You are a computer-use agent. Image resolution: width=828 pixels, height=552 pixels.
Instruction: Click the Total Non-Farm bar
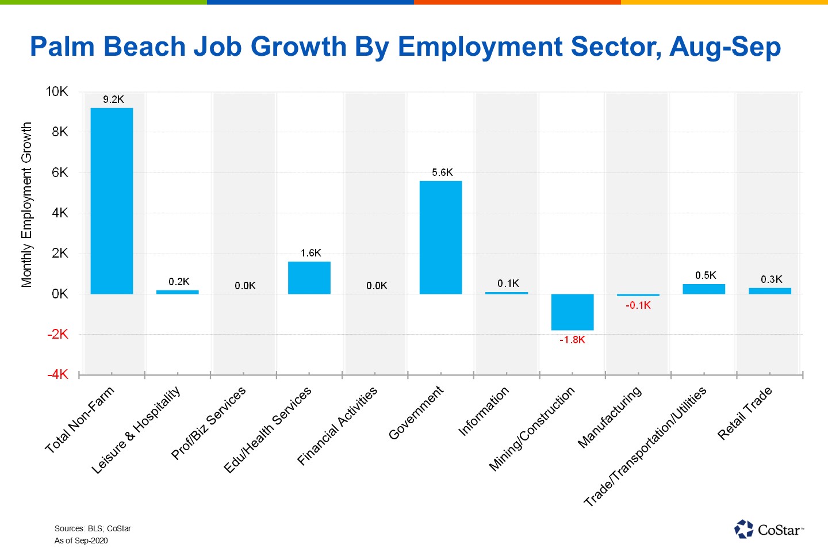click(112, 201)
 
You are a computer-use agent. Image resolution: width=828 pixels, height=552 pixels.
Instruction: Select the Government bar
click(440, 237)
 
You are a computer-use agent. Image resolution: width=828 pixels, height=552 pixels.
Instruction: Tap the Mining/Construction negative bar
click(572, 312)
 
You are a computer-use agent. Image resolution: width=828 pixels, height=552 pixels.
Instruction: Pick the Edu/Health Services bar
click(309, 278)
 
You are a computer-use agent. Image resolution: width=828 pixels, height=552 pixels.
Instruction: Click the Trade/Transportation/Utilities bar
click(704, 289)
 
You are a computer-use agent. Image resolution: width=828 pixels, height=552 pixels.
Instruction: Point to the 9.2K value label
click(113, 99)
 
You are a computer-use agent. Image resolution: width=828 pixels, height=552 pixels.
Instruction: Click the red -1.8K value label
click(572, 340)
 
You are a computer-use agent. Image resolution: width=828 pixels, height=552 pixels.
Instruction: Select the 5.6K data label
click(442, 172)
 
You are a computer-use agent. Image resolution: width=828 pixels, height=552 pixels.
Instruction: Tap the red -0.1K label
click(638, 305)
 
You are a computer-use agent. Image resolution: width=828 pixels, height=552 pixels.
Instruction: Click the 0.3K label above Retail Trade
click(771, 279)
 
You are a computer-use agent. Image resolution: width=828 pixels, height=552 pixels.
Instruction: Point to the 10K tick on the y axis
click(57, 91)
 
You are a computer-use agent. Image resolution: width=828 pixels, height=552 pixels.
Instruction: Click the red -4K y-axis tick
click(57, 375)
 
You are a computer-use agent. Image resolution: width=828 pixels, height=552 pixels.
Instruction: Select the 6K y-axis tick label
click(60, 172)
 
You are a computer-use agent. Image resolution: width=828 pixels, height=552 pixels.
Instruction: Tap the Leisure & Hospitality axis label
click(136, 430)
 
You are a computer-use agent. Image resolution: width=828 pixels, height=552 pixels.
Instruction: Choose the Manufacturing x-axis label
click(609, 417)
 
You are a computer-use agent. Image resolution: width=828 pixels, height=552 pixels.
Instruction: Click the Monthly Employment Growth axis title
click(26, 204)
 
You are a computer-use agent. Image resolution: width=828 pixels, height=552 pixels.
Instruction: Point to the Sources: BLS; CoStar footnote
click(93, 528)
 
